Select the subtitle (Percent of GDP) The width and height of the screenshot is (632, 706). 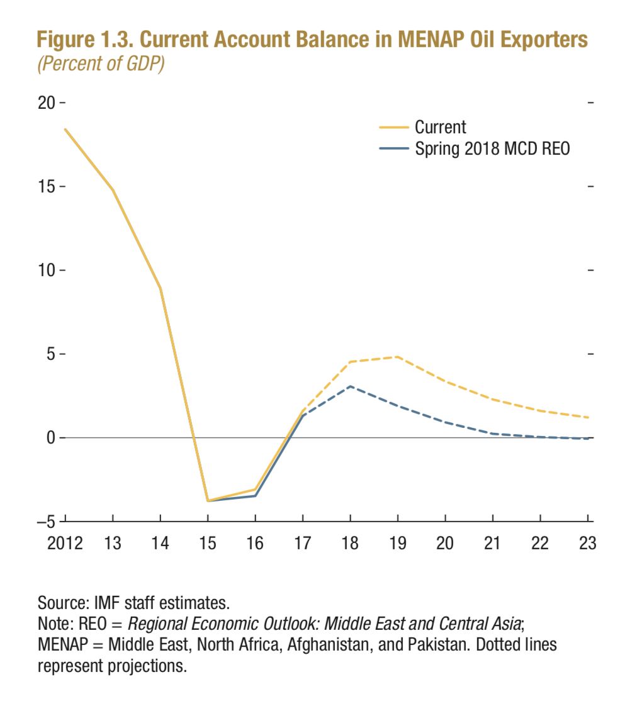pyautogui.click(x=101, y=64)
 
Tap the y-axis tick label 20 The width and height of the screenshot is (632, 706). pyautogui.click(x=46, y=103)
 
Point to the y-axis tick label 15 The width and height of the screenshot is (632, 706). pyautogui.click(x=46, y=187)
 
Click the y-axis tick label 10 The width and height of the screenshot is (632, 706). pyautogui.click(x=46, y=271)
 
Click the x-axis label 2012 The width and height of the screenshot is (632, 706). pyautogui.click(x=65, y=543)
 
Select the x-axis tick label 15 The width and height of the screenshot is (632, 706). pyautogui.click(x=208, y=543)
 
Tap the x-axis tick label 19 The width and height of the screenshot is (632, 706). pyautogui.click(x=398, y=543)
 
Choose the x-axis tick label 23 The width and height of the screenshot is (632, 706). pyautogui.click(x=587, y=543)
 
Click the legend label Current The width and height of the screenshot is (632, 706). pyautogui.click(x=440, y=127)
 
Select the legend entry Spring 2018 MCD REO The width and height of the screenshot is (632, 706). pyautogui.click(x=492, y=148)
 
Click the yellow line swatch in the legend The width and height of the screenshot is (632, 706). pyautogui.click(x=393, y=128)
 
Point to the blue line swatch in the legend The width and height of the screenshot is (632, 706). pyautogui.click(x=393, y=149)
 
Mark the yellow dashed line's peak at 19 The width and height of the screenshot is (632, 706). pyautogui.click(x=398, y=357)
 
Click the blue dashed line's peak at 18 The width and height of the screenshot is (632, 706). pyautogui.click(x=351, y=386)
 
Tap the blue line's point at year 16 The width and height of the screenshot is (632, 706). pyautogui.click(x=255, y=496)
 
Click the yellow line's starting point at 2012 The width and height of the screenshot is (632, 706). pyautogui.click(x=65, y=130)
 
